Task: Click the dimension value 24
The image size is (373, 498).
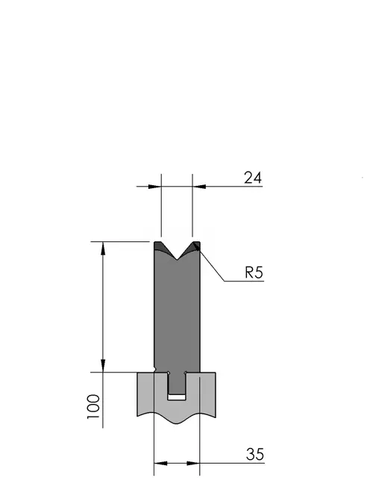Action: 253,178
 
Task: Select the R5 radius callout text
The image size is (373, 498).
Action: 254,273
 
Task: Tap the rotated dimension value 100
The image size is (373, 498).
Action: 93,407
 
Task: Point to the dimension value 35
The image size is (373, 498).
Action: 255,455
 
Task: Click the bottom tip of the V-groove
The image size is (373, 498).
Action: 177,260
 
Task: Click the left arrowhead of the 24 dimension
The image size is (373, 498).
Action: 155,187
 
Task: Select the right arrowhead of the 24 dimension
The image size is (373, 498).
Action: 198,187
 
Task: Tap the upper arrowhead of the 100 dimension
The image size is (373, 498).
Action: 103,248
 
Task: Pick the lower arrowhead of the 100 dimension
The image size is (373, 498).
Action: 103,366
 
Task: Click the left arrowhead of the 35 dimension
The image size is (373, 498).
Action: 160,464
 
